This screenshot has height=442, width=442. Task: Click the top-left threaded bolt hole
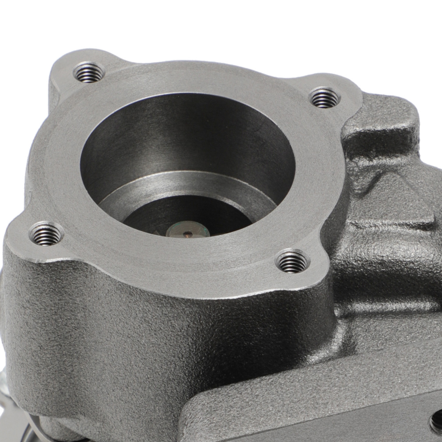[x=89, y=72]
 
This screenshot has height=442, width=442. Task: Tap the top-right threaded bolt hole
[x=325, y=98]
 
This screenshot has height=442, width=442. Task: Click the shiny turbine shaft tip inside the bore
[x=188, y=230]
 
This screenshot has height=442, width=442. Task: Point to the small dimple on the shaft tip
[x=188, y=232]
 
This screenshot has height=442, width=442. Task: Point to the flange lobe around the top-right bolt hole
[x=340, y=93]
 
